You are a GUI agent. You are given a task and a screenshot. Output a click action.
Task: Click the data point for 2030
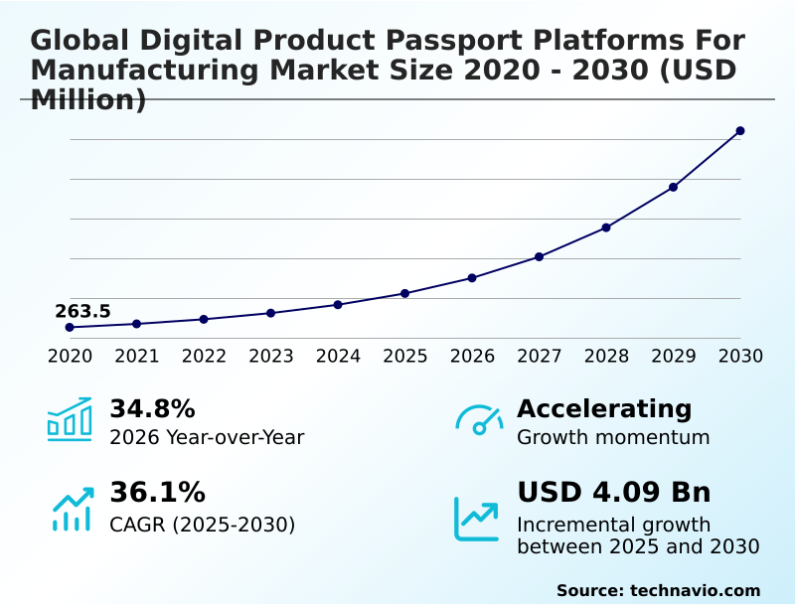pyautogui.click(x=740, y=131)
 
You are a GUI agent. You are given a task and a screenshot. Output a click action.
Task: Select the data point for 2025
pyautogui.click(x=405, y=293)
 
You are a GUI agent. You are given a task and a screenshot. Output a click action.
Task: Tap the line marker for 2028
pyautogui.click(x=606, y=227)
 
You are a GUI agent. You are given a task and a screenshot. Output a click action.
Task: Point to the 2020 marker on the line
pyautogui.click(x=70, y=327)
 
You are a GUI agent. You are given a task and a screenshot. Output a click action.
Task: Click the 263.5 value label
pyautogui.click(x=82, y=312)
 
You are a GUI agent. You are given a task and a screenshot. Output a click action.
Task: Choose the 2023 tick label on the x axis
pyautogui.click(x=271, y=356)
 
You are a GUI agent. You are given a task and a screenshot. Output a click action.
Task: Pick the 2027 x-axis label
pyautogui.click(x=540, y=356)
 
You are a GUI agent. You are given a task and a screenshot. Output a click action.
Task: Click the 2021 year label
pyautogui.click(x=137, y=356)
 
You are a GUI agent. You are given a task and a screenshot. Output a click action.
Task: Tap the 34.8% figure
pyautogui.click(x=152, y=409)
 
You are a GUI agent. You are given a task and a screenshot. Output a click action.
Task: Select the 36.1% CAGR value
pyautogui.click(x=157, y=493)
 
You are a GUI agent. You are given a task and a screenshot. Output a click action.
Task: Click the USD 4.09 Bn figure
pyautogui.click(x=614, y=493)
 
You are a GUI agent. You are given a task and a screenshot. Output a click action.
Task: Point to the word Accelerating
pyautogui.click(x=604, y=409)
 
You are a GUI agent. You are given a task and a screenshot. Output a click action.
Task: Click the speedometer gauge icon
pyautogui.click(x=479, y=420)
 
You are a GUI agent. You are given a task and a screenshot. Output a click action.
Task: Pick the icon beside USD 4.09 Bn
pyautogui.click(x=477, y=519)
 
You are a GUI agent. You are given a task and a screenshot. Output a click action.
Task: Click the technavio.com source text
pyautogui.click(x=695, y=590)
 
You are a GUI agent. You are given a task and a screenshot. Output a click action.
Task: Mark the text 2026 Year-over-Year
pyautogui.click(x=207, y=437)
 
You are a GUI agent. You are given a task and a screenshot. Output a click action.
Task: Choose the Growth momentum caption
pyautogui.click(x=613, y=437)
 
